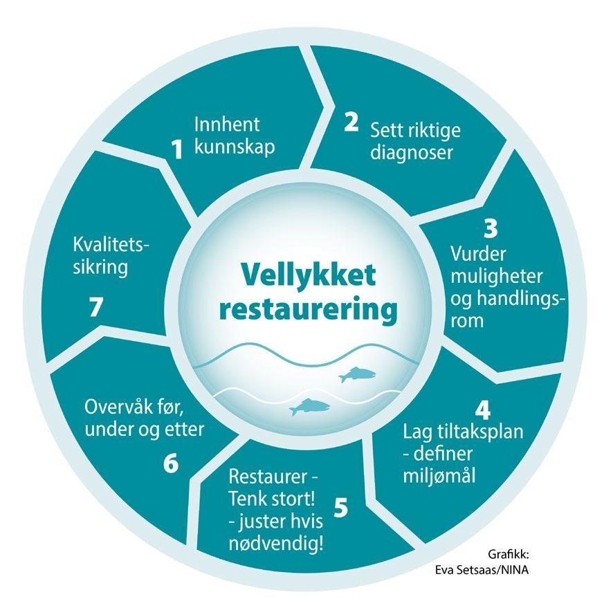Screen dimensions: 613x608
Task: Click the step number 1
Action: [178, 149]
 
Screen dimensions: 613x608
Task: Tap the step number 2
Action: [351, 122]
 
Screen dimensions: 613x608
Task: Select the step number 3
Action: [491, 228]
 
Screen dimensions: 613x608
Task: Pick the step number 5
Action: [341, 508]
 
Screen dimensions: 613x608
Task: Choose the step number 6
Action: [171, 464]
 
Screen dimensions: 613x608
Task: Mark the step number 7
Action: [96, 307]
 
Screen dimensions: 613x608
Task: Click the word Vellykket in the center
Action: [309, 276]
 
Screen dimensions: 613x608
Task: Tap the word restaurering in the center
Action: [309, 311]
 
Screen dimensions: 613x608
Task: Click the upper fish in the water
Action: [357, 374]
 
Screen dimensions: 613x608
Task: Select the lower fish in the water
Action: [309, 407]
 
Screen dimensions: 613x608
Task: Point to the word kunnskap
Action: [235, 147]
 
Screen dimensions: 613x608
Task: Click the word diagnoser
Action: [412, 153]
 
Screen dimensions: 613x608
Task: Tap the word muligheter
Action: [497, 277]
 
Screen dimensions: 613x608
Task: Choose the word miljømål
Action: [439, 475]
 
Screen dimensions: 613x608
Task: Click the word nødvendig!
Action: [276, 544]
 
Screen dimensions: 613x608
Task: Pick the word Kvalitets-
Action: [111, 245]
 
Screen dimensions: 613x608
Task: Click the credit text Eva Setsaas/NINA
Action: [482, 570]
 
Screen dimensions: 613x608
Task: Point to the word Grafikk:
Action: [509, 554]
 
